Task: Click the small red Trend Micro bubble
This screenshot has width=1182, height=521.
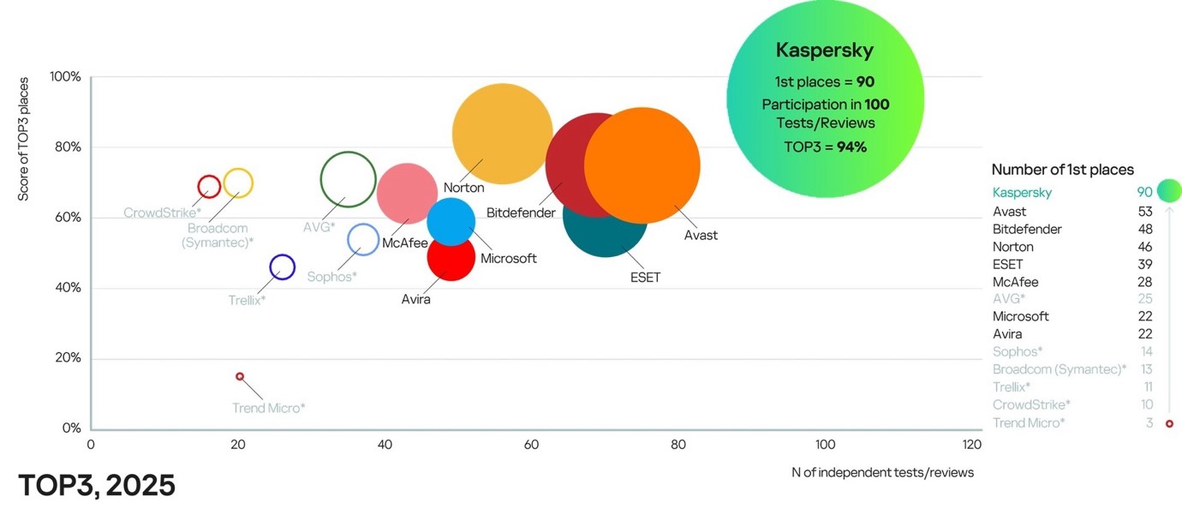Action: click(x=240, y=376)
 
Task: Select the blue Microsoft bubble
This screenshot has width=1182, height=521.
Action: click(x=451, y=220)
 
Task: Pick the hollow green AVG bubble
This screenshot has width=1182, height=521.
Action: click(x=348, y=180)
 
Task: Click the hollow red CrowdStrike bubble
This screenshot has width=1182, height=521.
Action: click(x=209, y=186)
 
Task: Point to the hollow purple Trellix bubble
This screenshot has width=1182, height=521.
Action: click(x=282, y=267)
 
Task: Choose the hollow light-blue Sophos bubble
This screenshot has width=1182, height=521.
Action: click(x=363, y=239)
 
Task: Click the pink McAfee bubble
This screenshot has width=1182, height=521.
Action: click(x=408, y=194)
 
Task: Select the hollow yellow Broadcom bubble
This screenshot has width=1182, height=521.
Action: click(x=238, y=183)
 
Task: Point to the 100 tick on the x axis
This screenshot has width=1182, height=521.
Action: click(x=825, y=445)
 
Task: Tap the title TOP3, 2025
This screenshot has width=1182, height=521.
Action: click(x=97, y=486)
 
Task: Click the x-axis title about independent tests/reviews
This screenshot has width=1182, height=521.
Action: click(x=882, y=472)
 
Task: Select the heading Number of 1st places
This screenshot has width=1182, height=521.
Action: click(x=1062, y=170)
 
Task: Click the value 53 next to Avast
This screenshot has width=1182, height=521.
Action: click(x=1144, y=212)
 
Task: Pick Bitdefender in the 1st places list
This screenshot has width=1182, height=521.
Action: click(x=1027, y=230)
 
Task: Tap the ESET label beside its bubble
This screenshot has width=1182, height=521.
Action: click(x=645, y=278)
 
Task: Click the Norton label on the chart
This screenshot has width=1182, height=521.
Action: click(x=463, y=188)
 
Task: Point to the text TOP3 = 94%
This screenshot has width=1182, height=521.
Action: click(x=825, y=147)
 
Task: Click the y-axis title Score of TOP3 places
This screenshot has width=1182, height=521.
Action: click(x=23, y=139)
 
